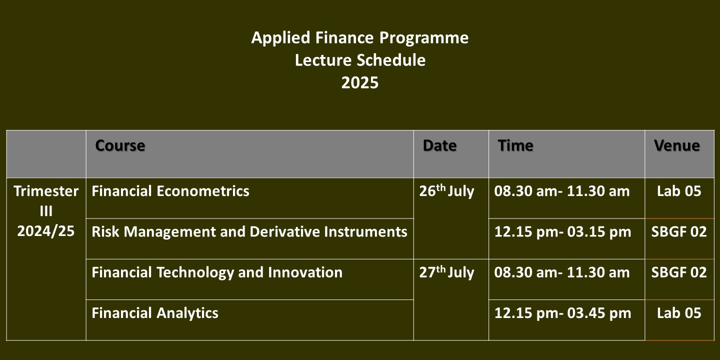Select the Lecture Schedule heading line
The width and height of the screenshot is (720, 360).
click(x=360, y=60)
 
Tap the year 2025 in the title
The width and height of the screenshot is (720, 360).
click(x=360, y=82)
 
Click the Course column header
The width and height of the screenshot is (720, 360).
click(x=120, y=145)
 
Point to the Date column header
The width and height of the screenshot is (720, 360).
click(x=439, y=145)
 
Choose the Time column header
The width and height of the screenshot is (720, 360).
click(x=515, y=145)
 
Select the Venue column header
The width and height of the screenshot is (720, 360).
click(x=677, y=145)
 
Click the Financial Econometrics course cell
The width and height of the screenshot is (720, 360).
click(x=170, y=191)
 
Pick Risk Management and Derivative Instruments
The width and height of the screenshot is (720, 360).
click(x=249, y=231)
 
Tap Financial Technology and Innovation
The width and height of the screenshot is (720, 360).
click(x=217, y=272)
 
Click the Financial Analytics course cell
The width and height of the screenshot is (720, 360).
click(x=155, y=313)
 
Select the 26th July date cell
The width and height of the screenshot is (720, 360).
click(x=447, y=191)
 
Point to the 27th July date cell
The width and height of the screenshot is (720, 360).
click(x=447, y=272)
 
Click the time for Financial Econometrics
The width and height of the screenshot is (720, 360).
click(x=562, y=191)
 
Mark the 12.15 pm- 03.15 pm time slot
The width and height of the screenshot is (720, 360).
click(x=563, y=232)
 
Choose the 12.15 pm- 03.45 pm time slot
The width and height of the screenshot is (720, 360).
click(x=563, y=313)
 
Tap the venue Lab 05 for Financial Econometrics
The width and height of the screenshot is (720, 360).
click(x=679, y=191)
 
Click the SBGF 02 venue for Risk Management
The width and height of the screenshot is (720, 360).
click(x=679, y=231)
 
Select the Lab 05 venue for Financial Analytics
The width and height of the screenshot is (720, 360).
click(x=679, y=313)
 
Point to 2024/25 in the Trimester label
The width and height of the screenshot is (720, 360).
click(x=46, y=231)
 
